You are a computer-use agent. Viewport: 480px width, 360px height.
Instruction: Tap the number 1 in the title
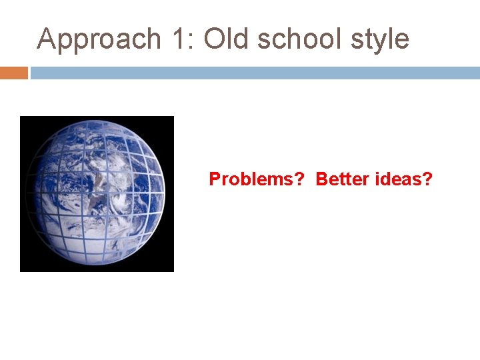pos(178,39)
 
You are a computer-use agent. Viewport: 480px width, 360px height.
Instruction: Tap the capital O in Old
pos(215,39)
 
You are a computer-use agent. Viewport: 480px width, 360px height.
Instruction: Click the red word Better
pos(339,179)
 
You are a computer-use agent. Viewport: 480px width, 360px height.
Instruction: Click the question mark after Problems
pos(299,179)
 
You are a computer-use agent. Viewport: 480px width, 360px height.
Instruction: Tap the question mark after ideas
pos(428,179)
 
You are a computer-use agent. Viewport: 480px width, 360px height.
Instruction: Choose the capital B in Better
pos(321,179)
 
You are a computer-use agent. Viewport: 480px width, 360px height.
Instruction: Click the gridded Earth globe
pos(97,193)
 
